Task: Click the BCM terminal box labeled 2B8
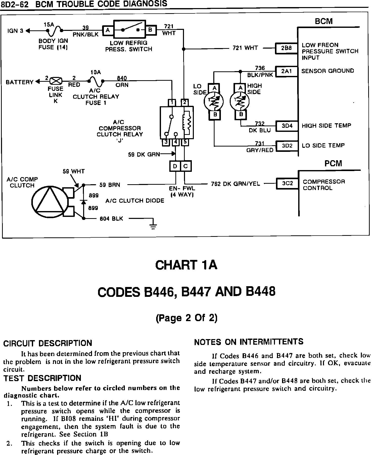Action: tap(286, 48)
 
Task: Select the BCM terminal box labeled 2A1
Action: tap(286, 71)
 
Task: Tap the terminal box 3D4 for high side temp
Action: tap(287, 126)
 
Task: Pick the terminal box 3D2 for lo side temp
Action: tap(287, 146)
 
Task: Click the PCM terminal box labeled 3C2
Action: tap(287, 183)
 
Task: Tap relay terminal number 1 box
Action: tap(172, 102)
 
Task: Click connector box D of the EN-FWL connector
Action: tap(175, 166)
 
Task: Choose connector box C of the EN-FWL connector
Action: tap(186, 166)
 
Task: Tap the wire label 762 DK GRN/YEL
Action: tap(235, 184)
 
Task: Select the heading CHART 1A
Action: tap(186, 265)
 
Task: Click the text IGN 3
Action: tap(15, 31)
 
